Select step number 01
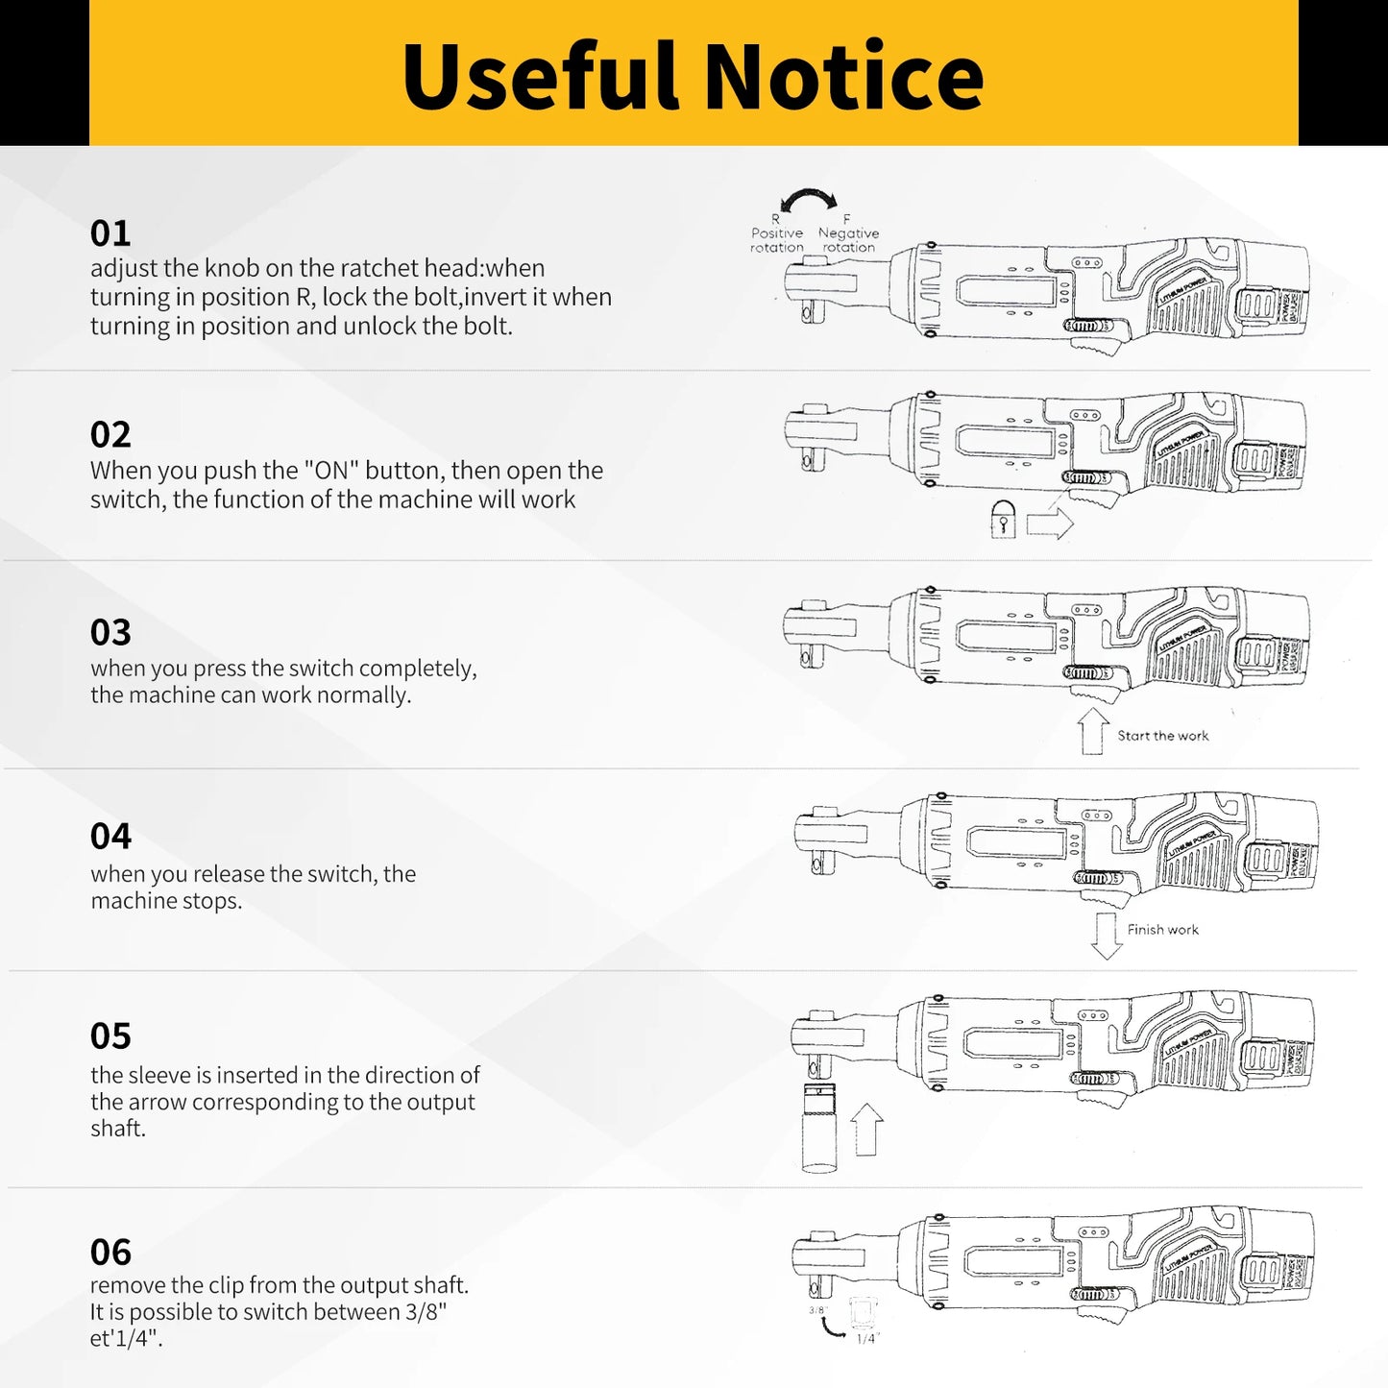[110, 233]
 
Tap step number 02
[110, 435]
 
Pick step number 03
[110, 633]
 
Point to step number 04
[110, 837]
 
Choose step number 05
[110, 1036]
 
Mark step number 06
[110, 1253]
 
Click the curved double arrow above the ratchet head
[809, 199]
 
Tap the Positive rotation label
[777, 239]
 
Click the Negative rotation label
[848, 239]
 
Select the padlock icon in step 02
[1003, 520]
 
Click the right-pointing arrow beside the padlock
[1049, 524]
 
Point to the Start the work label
[1162, 736]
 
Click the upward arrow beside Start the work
[1093, 731]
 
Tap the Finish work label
[1162, 930]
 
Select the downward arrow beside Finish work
[1107, 936]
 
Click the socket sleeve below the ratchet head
[819, 1128]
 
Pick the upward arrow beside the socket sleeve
[867, 1130]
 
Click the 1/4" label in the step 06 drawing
[866, 1338]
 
